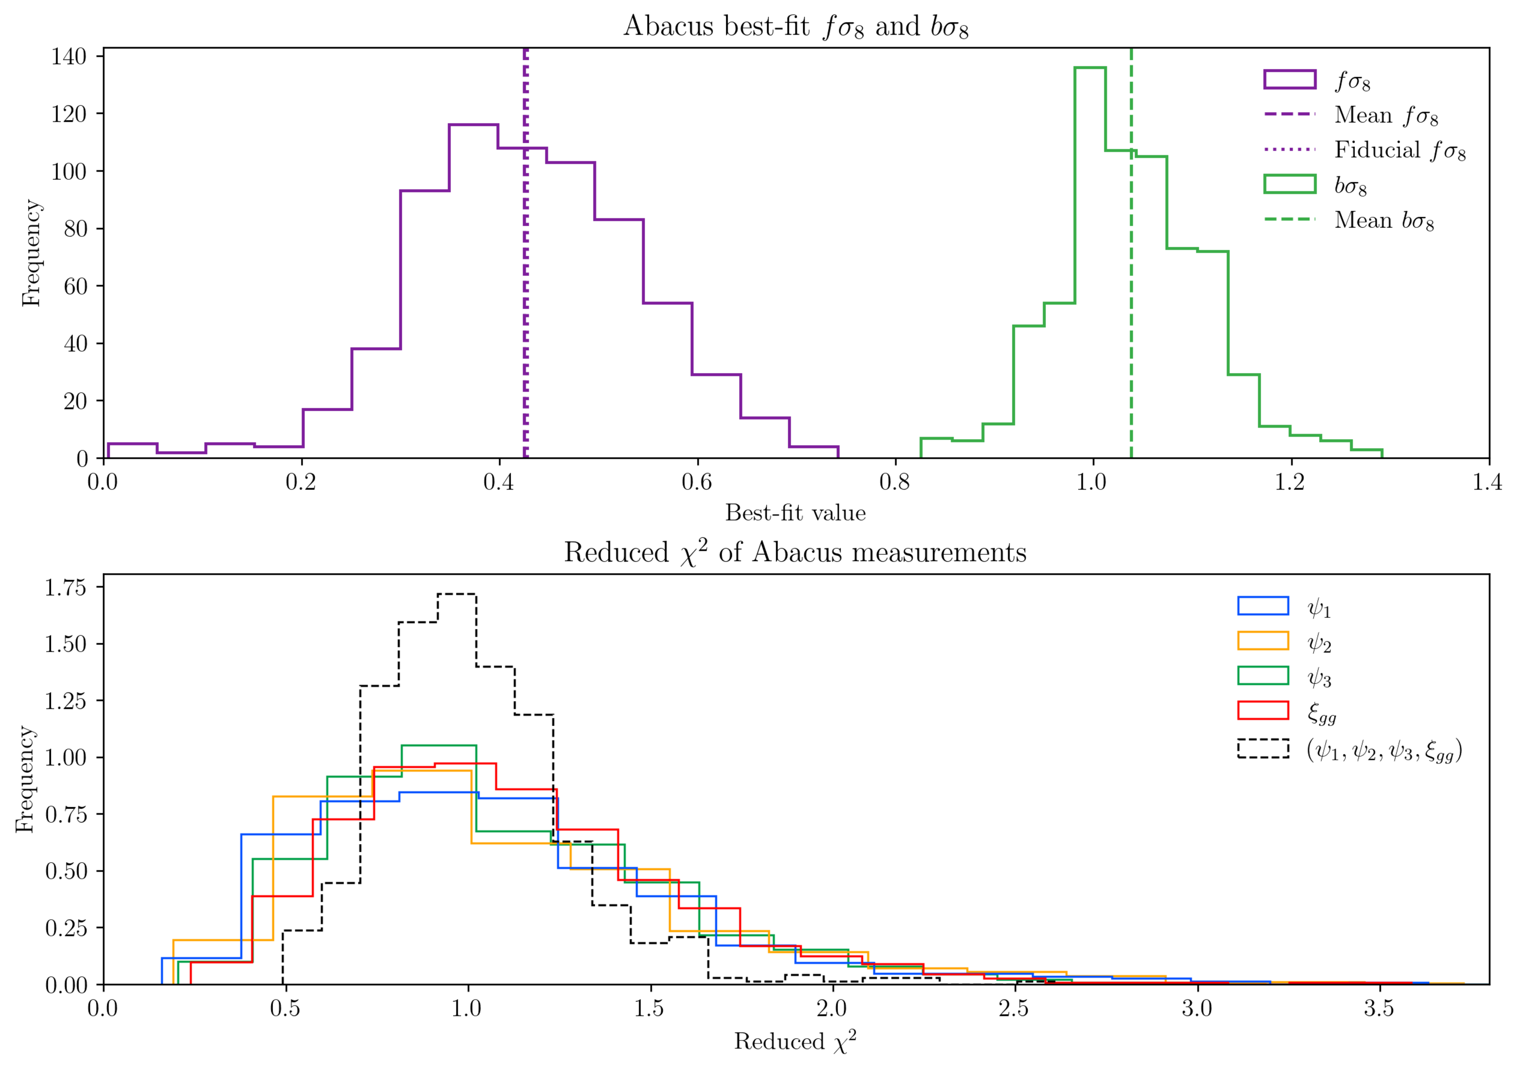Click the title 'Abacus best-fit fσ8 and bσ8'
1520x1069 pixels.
796,27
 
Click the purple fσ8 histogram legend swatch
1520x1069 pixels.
1289,80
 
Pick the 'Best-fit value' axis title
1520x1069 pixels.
795,513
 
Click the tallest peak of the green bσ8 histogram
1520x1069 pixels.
1090,68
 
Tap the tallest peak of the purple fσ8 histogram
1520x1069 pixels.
473,125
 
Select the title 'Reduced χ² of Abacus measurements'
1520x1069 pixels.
795,553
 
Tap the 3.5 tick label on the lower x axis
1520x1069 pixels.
1378,1009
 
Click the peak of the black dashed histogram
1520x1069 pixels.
457,594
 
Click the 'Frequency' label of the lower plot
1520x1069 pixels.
25,779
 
